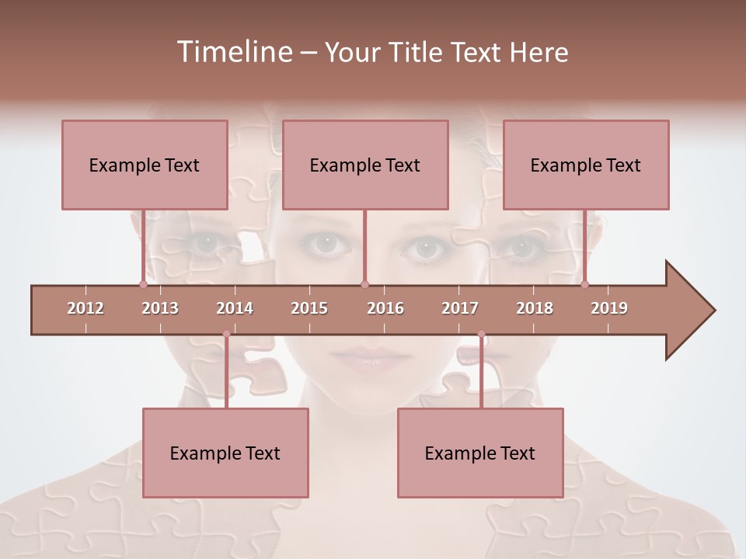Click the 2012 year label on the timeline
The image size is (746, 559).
click(85, 308)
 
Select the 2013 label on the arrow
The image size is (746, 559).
click(160, 308)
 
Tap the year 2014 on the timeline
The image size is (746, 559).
click(235, 308)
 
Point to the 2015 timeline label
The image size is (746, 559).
click(309, 308)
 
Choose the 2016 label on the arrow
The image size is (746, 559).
click(385, 308)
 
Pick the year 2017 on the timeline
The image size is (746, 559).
click(460, 308)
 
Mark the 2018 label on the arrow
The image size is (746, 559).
click(535, 308)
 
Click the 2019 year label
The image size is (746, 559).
click(609, 308)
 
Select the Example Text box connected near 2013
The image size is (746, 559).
click(145, 165)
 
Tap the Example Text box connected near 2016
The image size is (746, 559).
click(365, 165)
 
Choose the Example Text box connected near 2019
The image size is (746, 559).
click(586, 165)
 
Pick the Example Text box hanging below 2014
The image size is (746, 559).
click(225, 453)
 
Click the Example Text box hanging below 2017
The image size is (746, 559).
click(480, 453)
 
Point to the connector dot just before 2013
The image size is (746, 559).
click(143, 284)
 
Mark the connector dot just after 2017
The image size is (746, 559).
click(481, 334)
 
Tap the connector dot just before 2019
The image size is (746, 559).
click(584, 284)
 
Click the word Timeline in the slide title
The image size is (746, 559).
click(232, 52)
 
